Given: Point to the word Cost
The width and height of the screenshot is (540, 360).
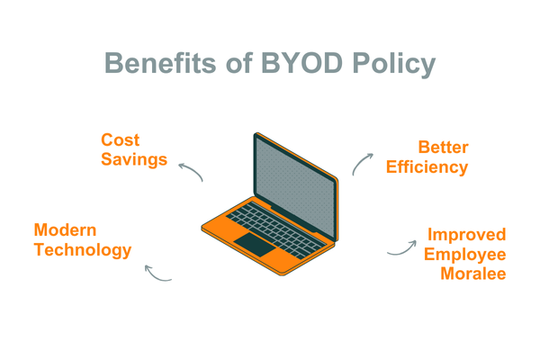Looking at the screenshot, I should click(x=120, y=140).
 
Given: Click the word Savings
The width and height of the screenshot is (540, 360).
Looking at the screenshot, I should click(x=134, y=160).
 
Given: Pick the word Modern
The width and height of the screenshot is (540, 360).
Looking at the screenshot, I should click(x=65, y=230).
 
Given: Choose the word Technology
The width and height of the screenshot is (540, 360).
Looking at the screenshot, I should click(x=83, y=250).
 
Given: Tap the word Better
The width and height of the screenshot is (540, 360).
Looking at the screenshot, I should click(x=443, y=148).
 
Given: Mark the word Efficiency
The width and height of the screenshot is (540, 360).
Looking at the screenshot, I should click(x=428, y=167).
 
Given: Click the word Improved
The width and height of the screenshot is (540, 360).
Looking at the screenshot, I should click(x=466, y=235).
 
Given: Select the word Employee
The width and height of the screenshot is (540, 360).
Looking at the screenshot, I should click(x=465, y=254).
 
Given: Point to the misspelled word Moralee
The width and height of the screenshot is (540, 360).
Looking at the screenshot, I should click(x=472, y=274).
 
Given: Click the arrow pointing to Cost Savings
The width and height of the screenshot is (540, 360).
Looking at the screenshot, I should click(x=190, y=170).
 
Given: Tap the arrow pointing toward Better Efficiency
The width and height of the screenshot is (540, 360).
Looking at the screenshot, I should click(x=361, y=161).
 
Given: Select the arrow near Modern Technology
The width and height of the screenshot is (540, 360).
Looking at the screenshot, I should click(x=157, y=274).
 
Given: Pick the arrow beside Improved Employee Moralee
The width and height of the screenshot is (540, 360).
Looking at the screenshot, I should click(x=401, y=248).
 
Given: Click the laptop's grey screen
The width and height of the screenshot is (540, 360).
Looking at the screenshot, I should click(x=295, y=175).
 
